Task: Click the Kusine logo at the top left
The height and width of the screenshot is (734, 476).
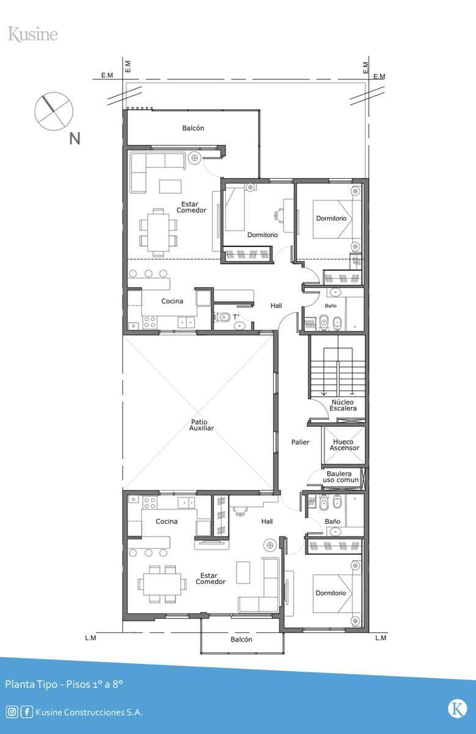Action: coord(33,34)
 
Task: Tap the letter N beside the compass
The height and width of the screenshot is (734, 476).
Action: coord(75,139)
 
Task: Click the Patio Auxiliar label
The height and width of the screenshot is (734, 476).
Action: coord(201,425)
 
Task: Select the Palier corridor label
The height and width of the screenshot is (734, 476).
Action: coord(300,442)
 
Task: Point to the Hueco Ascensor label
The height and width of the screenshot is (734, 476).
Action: coord(344,445)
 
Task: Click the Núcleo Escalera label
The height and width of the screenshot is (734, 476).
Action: coord(343,405)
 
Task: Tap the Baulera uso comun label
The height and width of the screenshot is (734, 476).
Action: coord(340,476)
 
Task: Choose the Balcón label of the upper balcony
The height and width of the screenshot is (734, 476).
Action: coord(193,128)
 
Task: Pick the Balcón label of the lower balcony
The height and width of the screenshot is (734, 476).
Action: coord(241,639)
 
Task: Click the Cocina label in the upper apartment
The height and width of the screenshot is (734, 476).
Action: coord(172,301)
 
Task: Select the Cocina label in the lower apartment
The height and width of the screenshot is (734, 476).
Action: coord(167,521)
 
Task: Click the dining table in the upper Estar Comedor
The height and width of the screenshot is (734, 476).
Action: coord(158,232)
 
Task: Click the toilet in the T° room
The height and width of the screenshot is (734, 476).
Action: coord(222,317)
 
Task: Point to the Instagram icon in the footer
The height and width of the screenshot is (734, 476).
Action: coord(12,712)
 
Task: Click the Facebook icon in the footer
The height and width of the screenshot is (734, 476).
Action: coord(27,712)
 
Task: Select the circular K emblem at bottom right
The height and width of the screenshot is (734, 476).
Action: coord(457,709)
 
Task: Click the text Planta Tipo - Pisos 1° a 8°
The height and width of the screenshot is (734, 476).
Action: coord(64,684)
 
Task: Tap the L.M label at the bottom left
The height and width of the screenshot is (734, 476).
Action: coord(90,637)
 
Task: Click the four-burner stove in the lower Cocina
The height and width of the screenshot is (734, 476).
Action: coord(150,502)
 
